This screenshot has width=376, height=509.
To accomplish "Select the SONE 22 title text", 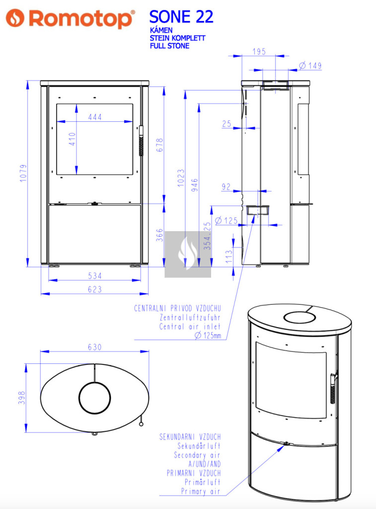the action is (181, 16).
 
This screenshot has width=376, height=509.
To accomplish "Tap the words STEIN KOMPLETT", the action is (177, 38).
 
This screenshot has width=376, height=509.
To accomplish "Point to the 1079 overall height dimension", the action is (23, 173).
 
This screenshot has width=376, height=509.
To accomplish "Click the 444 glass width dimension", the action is (95, 117).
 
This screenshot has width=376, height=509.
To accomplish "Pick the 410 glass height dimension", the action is (72, 139).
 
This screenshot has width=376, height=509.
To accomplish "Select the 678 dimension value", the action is (160, 145).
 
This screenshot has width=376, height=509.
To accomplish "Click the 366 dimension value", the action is (159, 235).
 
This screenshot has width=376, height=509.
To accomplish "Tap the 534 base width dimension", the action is (95, 276).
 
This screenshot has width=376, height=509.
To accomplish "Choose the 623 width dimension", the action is (95, 289).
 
